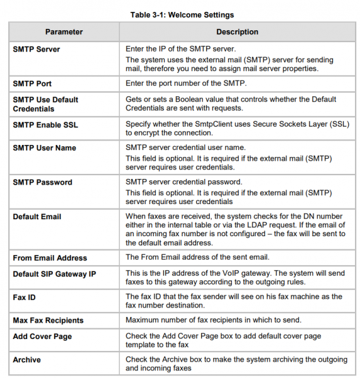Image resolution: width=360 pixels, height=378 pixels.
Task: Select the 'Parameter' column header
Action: pyautogui.click(x=64, y=31)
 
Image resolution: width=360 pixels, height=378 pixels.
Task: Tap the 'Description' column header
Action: pyautogui.click(x=237, y=31)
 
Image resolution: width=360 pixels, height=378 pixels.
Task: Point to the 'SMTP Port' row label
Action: pyautogui.click(x=32, y=84)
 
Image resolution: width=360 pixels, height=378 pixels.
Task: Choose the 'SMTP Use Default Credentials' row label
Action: pyautogui.click(x=45, y=104)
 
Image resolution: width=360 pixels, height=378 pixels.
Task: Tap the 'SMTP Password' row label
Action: pyautogui.click(x=42, y=183)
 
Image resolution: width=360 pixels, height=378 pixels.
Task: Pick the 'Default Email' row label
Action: pyautogui.click(x=37, y=217)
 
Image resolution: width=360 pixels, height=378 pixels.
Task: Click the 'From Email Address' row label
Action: pyautogui.click(x=50, y=258)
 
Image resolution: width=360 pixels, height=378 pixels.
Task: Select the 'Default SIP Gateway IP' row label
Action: pyautogui.click(x=54, y=274)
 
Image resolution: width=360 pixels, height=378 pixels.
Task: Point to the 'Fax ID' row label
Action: pyautogui.click(x=25, y=297)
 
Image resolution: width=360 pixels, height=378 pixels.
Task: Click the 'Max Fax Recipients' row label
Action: pyautogui.click(x=48, y=321)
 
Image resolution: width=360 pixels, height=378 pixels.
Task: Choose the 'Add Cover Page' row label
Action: pyautogui.click(x=42, y=336)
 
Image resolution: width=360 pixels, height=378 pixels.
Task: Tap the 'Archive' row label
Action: pyautogui.click(x=26, y=360)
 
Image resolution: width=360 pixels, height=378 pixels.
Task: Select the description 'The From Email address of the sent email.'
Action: pyautogui.click(x=197, y=257)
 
